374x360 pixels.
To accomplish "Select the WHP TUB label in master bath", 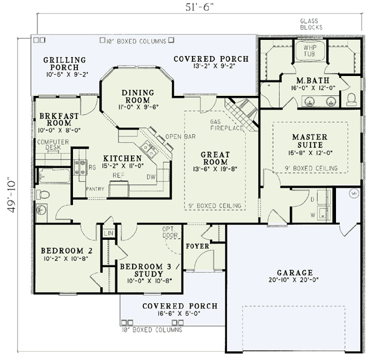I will click(310, 50).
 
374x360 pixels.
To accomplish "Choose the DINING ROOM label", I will click(136, 96).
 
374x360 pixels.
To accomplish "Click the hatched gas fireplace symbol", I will click(241, 113).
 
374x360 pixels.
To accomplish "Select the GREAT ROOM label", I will click(216, 158).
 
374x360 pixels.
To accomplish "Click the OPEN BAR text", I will click(178, 136).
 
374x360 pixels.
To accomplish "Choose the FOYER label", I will click(197, 246).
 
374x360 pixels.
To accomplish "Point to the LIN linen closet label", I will click(108, 233).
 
